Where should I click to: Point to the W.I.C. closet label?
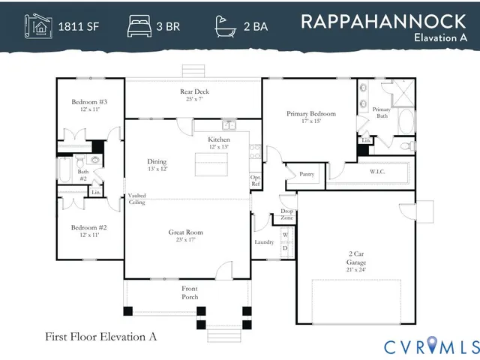pyautogui.click(x=377, y=172)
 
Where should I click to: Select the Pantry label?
pyautogui.click(x=306, y=174)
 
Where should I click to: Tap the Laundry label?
pyautogui.click(x=264, y=241)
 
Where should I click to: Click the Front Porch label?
pyautogui.click(x=190, y=292)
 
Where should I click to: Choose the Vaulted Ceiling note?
pyautogui.click(x=136, y=199)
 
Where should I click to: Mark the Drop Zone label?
pyautogui.click(x=286, y=214)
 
